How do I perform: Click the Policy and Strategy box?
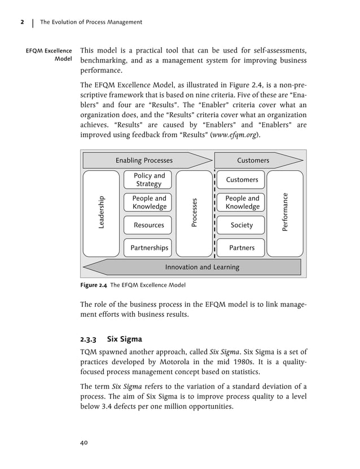[149, 180]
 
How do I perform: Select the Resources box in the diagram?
[149, 225]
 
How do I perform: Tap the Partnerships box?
[149, 247]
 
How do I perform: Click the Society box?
[242, 225]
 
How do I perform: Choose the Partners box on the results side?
[242, 247]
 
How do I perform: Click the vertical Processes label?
[194, 213]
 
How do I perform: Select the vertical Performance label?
[286, 213]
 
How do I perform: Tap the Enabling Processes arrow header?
[144, 161]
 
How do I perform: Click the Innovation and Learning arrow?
[202, 267]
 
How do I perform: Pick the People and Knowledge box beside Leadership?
[149, 202]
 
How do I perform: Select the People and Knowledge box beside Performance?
[242, 202]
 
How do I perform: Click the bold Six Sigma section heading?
[125, 339]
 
